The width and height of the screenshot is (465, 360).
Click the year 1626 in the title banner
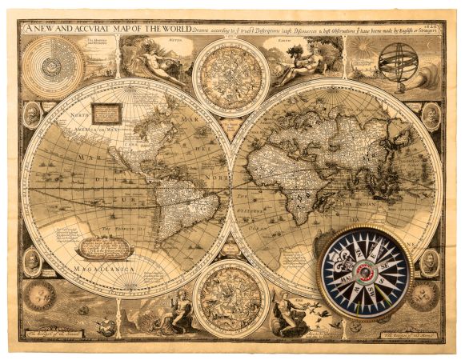point(434,28)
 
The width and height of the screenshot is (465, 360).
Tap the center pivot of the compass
point(363,273)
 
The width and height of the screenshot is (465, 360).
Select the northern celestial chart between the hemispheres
point(230,78)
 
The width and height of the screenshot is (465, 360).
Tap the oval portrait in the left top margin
point(32,115)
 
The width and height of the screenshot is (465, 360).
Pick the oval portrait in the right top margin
point(431,115)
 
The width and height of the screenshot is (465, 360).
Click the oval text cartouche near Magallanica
point(106,247)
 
